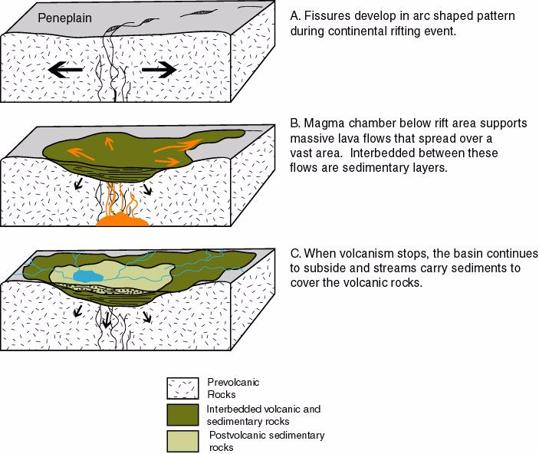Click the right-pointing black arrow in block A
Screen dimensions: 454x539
(x=159, y=70)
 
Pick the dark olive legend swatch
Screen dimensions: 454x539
(x=184, y=415)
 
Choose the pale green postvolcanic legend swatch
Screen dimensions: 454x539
(x=184, y=441)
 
